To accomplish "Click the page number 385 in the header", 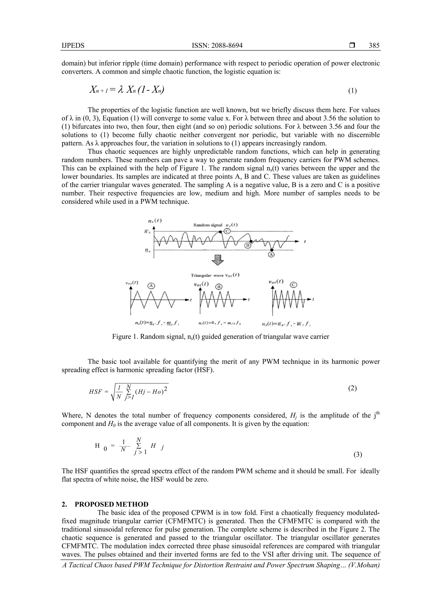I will tap(374, 46).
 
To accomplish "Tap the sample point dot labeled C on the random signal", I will tap(220, 232).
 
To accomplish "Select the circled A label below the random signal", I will tap(271, 255).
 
